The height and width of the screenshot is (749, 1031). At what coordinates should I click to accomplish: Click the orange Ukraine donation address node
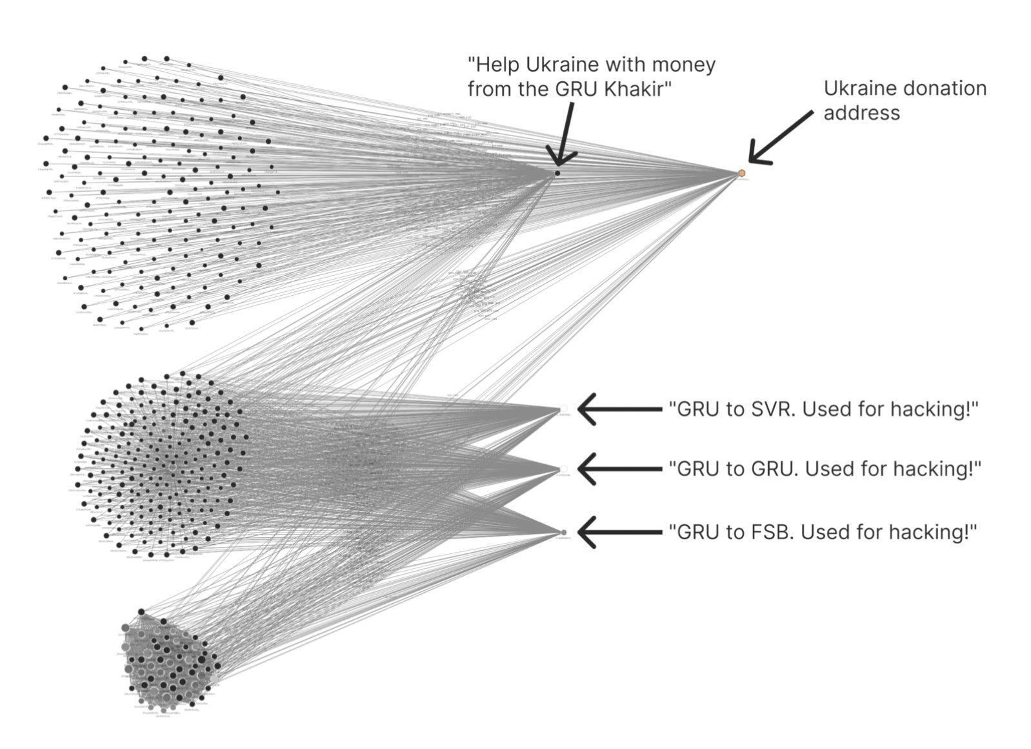(742, 173)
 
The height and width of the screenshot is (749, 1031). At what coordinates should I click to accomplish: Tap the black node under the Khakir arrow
(557, 173)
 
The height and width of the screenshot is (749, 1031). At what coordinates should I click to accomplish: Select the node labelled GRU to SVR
(564, 408)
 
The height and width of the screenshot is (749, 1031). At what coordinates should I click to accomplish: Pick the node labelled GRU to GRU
(564, 468)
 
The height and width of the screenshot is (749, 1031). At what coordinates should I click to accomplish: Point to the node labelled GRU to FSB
(564, 532)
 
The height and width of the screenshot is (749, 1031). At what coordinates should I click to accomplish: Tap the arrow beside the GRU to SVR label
(619, 409)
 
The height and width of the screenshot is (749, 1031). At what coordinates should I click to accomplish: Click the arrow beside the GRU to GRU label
(619, 468)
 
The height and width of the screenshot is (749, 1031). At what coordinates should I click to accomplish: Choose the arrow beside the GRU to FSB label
(619, 532)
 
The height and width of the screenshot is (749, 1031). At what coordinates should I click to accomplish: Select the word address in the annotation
(861, 113)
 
